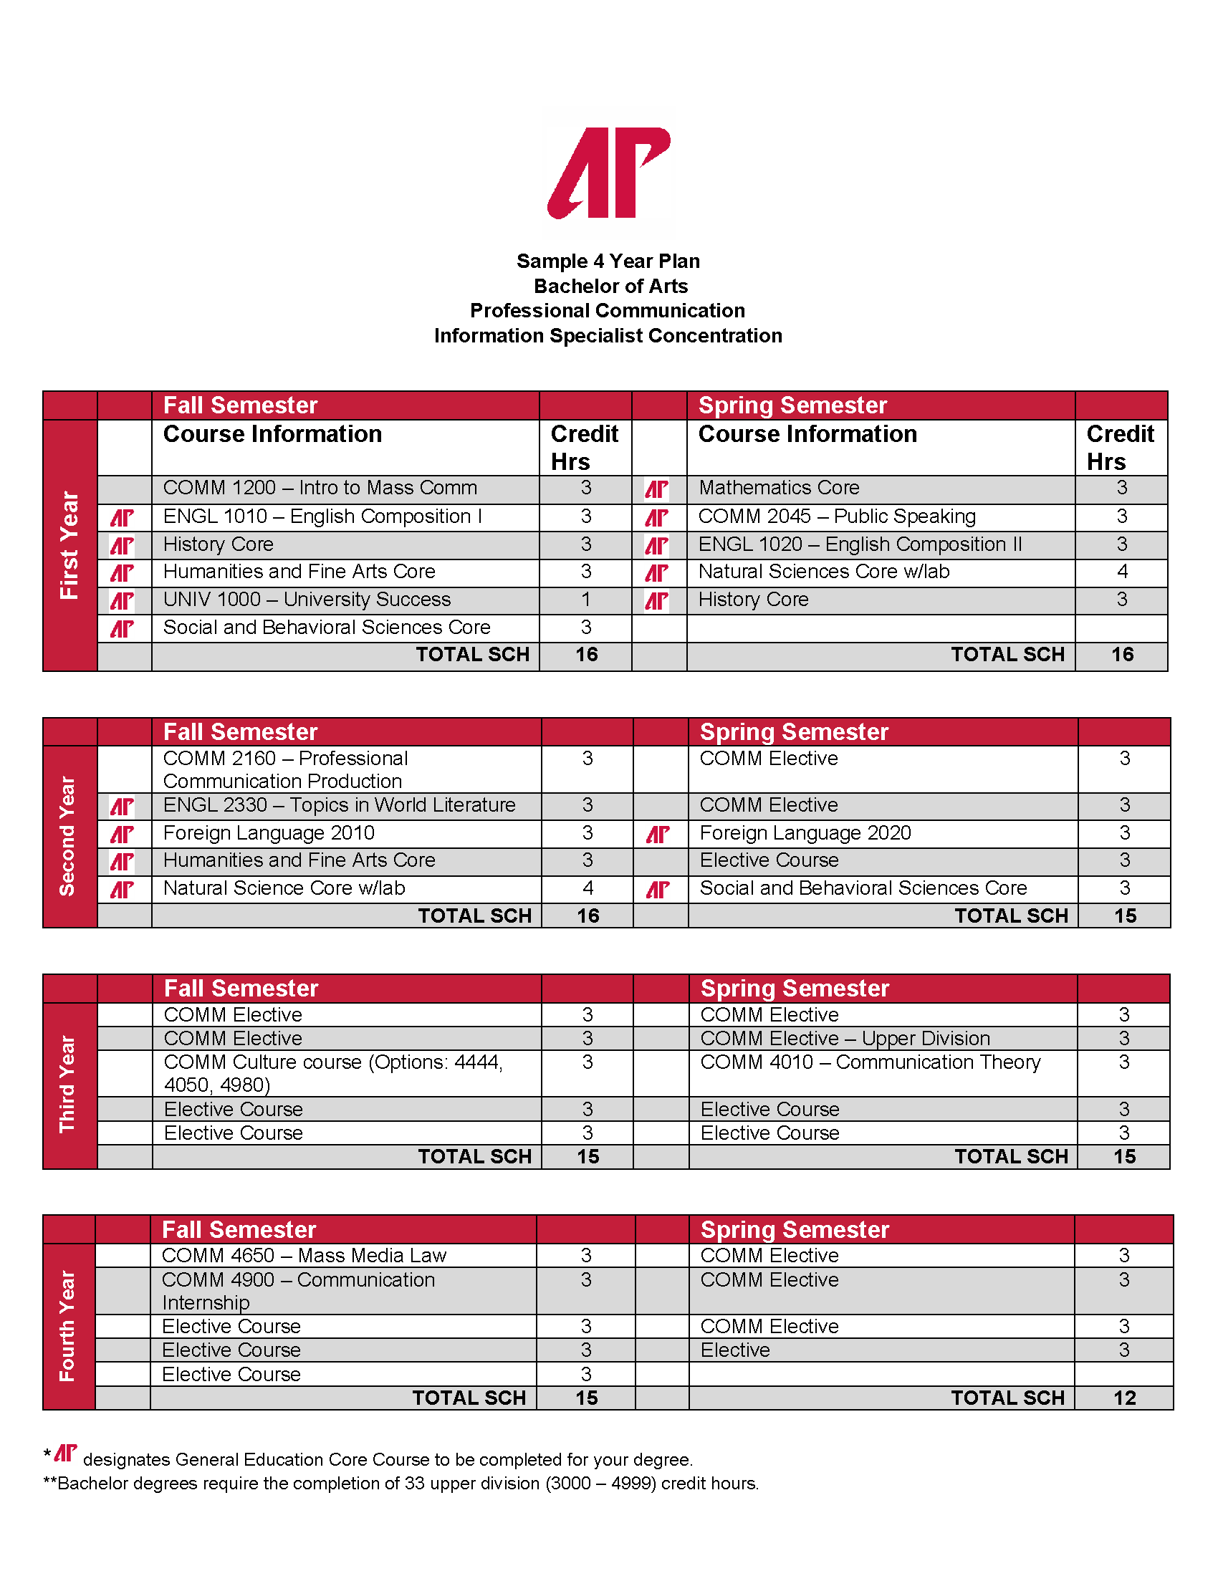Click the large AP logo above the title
click(608, 173)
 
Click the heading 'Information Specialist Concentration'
click(608, 335)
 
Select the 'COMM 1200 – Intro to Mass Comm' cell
click(320, 488)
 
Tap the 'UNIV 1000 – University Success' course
click(307, 600)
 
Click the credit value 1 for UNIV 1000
click(585, 600)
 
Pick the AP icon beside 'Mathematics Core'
click(656, 489)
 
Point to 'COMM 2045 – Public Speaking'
click(837, 516)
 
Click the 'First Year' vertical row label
click(69, 545)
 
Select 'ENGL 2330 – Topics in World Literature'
click(339, 805)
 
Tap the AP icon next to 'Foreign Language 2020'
click(658, 834)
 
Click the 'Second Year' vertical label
click(68, 835)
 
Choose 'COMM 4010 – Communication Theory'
click(871, 1062)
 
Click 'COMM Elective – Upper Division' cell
click(845, 1039)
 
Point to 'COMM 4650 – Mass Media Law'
click(304, 1256)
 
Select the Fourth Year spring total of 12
click(1124, 1398)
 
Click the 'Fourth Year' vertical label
click(68, 1325)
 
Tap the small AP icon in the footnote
click(66, 1454)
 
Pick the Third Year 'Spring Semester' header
click(795, 989)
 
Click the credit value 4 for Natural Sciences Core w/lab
click(1122, 572)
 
